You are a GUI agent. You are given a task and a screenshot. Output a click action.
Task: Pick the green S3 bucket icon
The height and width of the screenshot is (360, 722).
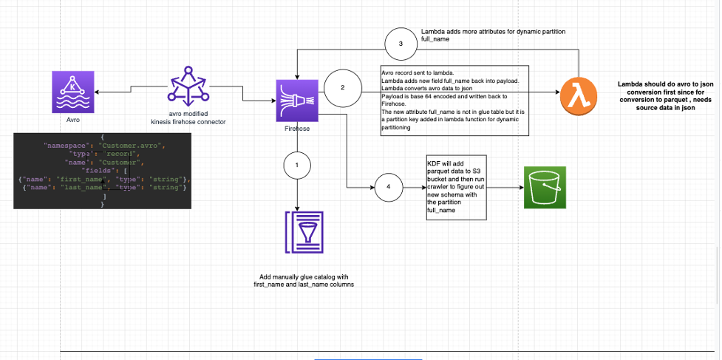click(545, 188)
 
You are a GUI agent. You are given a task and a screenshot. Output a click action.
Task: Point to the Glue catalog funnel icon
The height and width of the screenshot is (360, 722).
click(297, 235)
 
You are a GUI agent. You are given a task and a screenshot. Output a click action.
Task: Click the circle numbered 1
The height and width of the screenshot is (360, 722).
click(297, 166)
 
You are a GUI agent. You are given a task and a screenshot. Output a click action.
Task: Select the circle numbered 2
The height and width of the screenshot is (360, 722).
click(342, 87)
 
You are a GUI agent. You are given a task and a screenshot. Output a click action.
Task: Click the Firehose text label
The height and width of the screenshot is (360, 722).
click(296, 129)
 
